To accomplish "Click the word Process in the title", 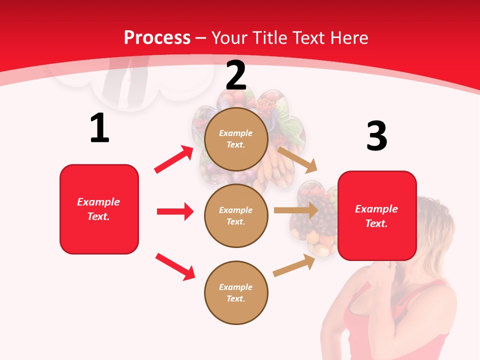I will [157, 38].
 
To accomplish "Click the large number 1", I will [99, 128].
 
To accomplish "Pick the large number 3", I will [376, 136].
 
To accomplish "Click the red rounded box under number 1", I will [99, 209].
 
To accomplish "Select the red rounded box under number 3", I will [377, 216].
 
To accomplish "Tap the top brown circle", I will [236, 139].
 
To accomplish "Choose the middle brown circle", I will [236, 216].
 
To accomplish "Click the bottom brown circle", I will [236, 293].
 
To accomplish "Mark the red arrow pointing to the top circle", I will [174, 159].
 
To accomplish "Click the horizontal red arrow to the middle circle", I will [175, 211].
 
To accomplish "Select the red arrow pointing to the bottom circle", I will [175, 266].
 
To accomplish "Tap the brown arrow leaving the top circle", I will [297, 158].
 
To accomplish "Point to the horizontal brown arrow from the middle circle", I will [296, 210].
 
